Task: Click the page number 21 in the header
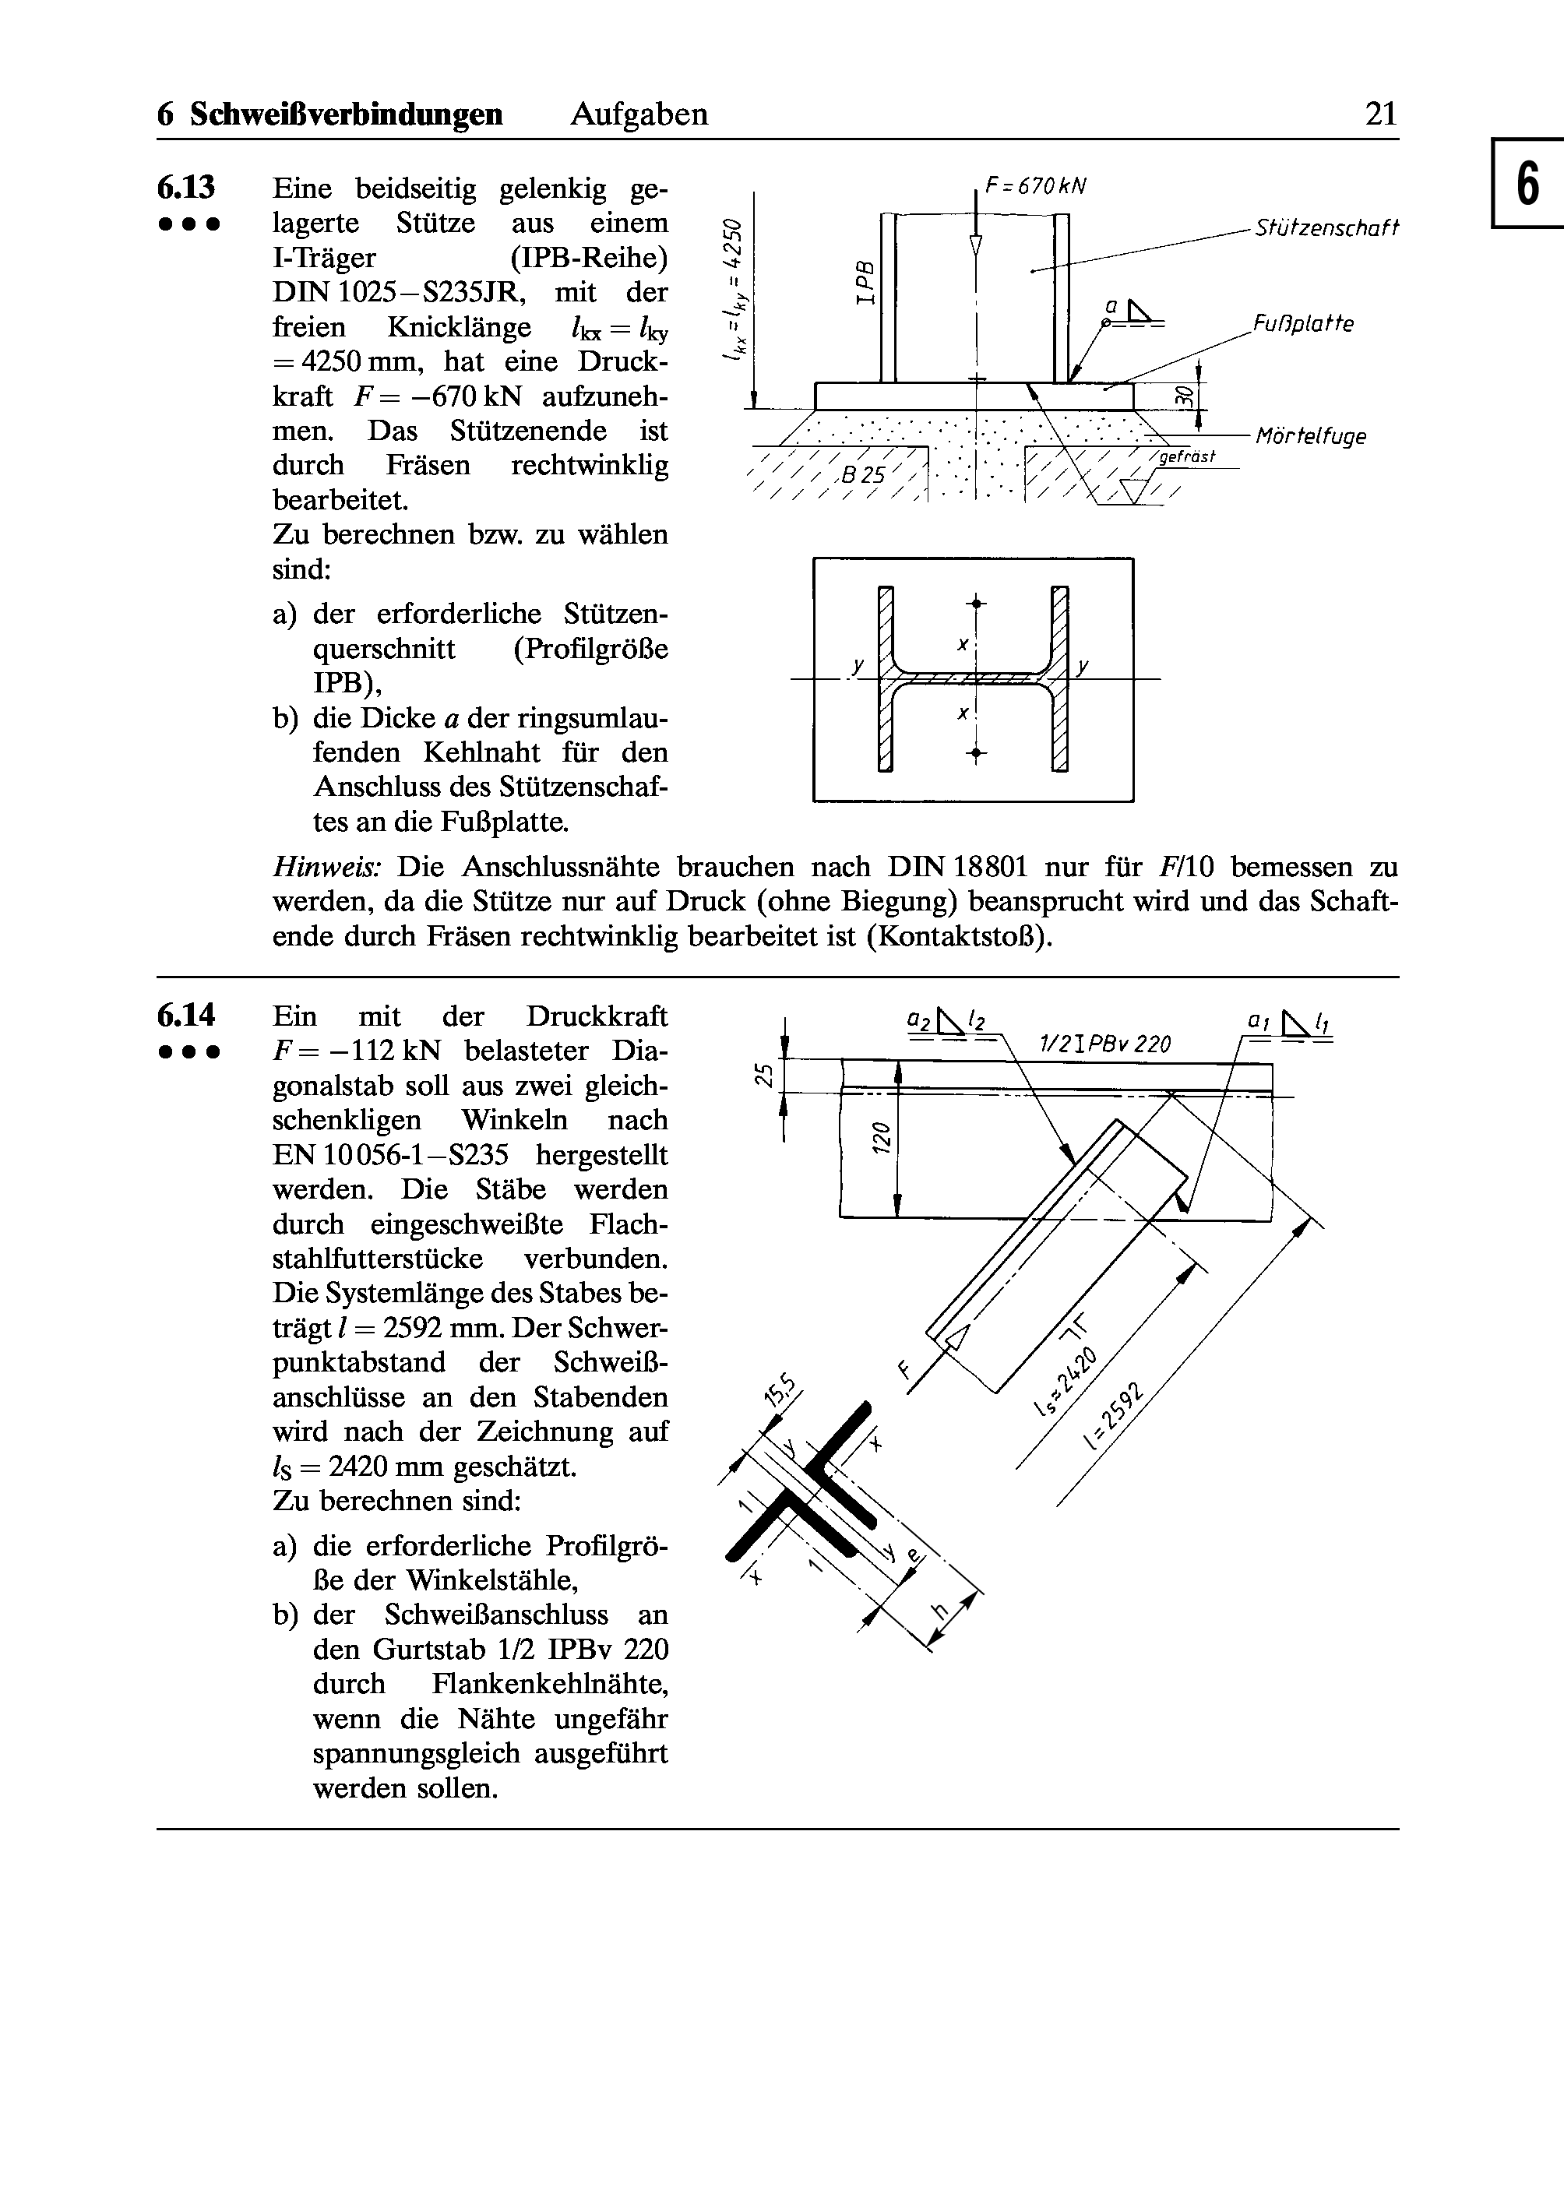(x=1380, y=114)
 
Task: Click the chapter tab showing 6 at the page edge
(x=1528, y=184)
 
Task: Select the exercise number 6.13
(x=186, y=187)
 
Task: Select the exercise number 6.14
(x=186, y=1015)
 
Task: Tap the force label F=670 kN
(x=1036, y=186)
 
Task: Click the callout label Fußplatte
(x=1303, y=323)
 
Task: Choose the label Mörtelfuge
(x=1312, y=436)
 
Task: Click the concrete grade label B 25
(x=863, y=475)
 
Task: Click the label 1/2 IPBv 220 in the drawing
(x=1104, y=1044)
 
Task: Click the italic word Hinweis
(x=327, y=867)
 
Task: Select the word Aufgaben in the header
(x=639, y=114)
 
